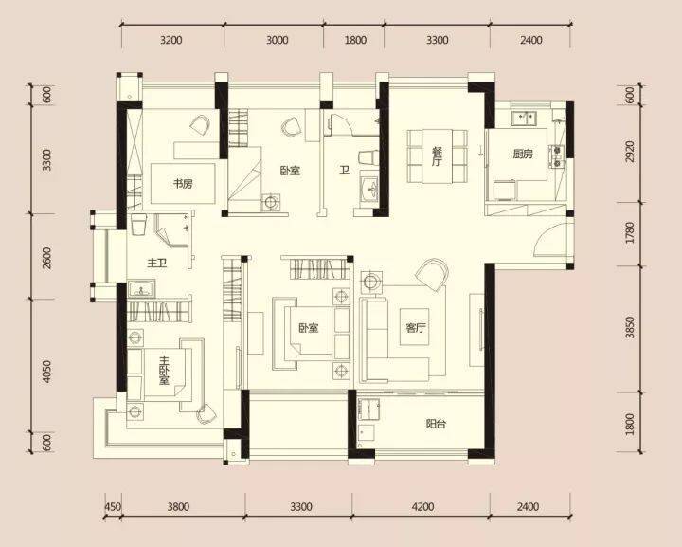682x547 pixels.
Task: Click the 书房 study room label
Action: (x=183, y=183)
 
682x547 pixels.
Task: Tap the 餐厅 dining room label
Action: (x=437, y=156)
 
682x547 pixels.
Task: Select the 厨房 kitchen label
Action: (x=522, y=154)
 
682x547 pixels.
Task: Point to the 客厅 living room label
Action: (x=416, y=328)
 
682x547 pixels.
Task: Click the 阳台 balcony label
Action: (x=436, y=424)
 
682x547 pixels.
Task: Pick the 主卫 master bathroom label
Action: (x=157, y=263)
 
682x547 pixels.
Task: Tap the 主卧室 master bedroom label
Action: (x=164, y=371)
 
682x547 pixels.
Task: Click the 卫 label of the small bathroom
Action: (x=344, y=170)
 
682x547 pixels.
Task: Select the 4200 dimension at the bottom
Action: (x=422, y=506)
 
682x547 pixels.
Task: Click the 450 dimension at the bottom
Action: (x=113, y=507)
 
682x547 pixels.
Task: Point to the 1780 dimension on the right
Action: (x=629, y=233)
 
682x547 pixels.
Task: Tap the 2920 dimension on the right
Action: (x=629, y=152)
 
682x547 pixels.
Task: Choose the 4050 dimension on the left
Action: (x=47, y=372)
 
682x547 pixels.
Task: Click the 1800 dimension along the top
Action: (x=355, y=40)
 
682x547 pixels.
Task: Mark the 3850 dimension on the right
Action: (x=629, y=328)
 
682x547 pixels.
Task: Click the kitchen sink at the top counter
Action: (x=524, y=118)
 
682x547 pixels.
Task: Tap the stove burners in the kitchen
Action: (x=556, y=156)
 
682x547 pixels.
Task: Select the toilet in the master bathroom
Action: (x=138, y=224)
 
